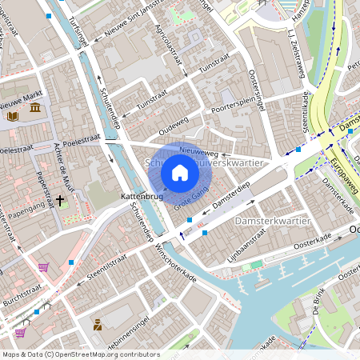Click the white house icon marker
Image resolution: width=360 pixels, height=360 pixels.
(180, 172)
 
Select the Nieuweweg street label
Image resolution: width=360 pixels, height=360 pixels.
(199, 149)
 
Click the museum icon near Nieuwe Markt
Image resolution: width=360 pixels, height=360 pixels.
(34, 107)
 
